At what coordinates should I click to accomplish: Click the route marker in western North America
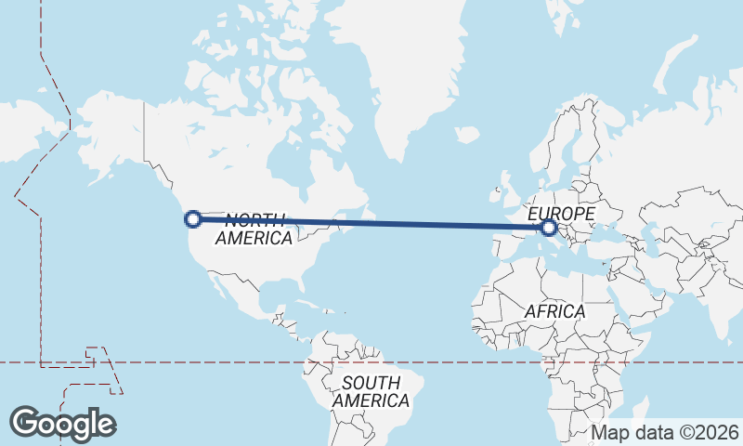click(194, 219)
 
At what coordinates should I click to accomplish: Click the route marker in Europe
click(549, 227)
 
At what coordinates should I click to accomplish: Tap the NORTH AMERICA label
click(254, 229)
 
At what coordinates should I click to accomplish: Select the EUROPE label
click(561, 214)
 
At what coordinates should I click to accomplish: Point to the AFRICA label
click(554, 311)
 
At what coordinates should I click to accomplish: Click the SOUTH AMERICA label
click(371, 391)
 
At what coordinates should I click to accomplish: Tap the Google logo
click(62, 424)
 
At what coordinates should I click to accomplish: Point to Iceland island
click(467, 136)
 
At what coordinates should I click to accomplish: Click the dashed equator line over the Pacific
click(186, 361)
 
